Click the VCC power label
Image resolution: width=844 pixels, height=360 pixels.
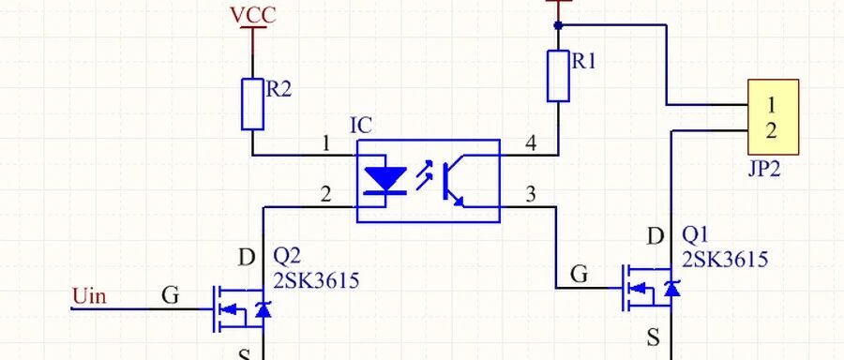[252, 16]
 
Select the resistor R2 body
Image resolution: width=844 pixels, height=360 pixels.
[252, 104]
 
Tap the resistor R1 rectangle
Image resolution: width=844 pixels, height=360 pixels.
[558, 76]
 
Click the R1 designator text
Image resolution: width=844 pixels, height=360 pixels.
[583, 62]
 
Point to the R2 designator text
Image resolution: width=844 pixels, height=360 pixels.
[279, 89]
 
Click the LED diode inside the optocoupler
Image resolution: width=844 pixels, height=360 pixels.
[385, 180]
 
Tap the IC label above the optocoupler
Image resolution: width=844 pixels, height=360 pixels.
[361, 126]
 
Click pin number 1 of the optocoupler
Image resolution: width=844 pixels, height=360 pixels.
[325, 143]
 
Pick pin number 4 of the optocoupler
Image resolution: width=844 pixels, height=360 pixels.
[531, 143]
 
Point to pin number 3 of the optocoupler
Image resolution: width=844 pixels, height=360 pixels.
[531, 194]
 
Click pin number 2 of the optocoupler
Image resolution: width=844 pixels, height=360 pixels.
[325, 194]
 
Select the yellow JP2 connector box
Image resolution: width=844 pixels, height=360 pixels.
[773, 117]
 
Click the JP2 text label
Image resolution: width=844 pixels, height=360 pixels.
[764, 170]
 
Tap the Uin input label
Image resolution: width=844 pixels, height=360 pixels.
[89, 296]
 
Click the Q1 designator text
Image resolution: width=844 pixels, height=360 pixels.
[695, 235]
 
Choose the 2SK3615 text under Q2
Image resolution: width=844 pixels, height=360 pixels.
[315, 280]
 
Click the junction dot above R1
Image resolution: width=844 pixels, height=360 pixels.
[558, 24]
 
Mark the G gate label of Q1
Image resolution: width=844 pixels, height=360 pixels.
[579, 275]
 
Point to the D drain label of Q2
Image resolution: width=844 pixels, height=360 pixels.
[246, 259]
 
